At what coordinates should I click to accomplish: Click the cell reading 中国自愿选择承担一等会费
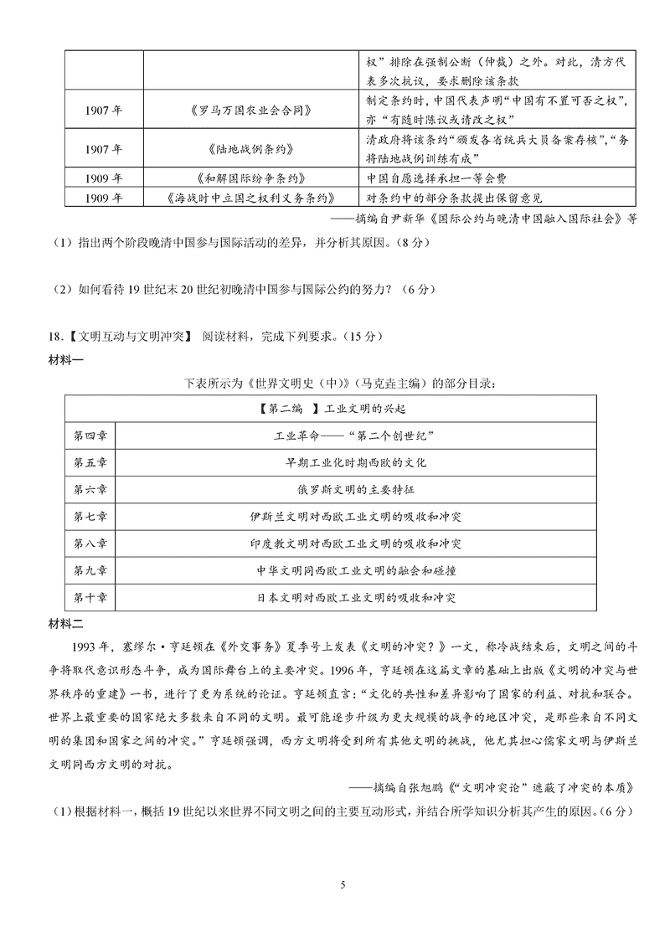point(437,178)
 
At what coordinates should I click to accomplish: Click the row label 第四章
point(90,436)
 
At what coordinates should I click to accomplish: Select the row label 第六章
point(90,490)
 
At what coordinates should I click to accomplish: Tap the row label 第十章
point(90,597)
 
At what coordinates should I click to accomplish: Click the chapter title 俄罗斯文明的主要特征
point(356,490)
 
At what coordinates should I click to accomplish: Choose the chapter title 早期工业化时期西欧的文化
point(356,463)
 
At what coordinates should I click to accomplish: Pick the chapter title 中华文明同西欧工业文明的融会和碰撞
point(356,570)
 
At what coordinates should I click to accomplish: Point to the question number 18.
point(55,337)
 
